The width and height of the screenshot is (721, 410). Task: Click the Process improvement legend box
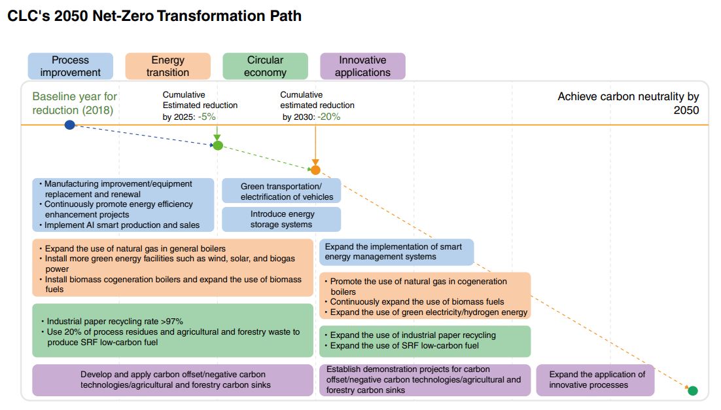70,66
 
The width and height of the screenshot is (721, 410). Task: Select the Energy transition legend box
167,66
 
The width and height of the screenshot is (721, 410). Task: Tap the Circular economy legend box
265,66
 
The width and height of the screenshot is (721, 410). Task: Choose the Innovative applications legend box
362,66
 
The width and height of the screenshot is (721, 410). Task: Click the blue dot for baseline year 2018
70,124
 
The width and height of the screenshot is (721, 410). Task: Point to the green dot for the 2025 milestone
218,145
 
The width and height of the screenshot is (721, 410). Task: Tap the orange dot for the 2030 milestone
315,170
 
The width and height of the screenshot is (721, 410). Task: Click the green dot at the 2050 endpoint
693,391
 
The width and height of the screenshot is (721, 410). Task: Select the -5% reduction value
207,117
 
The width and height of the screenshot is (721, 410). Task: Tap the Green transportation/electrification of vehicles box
281,191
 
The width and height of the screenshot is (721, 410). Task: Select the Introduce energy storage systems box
281,219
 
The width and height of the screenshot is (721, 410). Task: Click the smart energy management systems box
396,252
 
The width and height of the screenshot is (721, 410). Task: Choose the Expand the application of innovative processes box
595,380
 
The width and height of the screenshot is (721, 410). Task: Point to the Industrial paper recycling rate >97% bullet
114,321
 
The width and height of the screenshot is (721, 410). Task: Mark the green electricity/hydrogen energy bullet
429,312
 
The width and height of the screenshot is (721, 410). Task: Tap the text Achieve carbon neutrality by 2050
628,103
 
